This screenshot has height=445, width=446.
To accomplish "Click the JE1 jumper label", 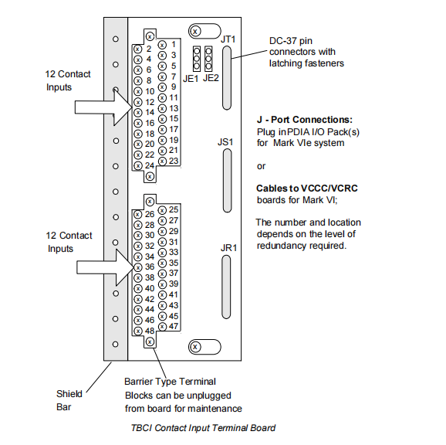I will coord(191,78).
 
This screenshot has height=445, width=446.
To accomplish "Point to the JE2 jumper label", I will coord(211,78).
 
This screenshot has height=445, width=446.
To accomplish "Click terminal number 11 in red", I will coord(174,98).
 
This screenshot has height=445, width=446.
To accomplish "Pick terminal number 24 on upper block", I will coord(149,165).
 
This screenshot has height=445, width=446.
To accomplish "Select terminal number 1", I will coord(174,45).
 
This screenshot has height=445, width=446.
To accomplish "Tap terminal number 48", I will coord(149,331).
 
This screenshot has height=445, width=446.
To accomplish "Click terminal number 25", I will coord(174,209).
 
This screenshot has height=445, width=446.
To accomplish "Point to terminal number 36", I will coord(149,267).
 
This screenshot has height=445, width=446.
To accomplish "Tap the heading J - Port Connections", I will coord(304,121).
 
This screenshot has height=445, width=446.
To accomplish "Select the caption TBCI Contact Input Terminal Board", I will coord(203,427).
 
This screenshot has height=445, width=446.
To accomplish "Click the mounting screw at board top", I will coord(196,30).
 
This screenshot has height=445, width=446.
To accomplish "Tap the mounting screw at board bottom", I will coord(196,345).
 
